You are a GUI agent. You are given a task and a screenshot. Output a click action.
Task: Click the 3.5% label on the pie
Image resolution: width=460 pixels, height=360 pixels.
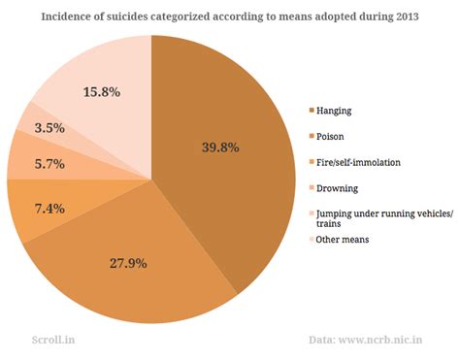[x=49, y=127]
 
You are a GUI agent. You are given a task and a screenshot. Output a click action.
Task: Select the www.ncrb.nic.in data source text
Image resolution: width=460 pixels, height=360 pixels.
[x=393, y=339]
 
